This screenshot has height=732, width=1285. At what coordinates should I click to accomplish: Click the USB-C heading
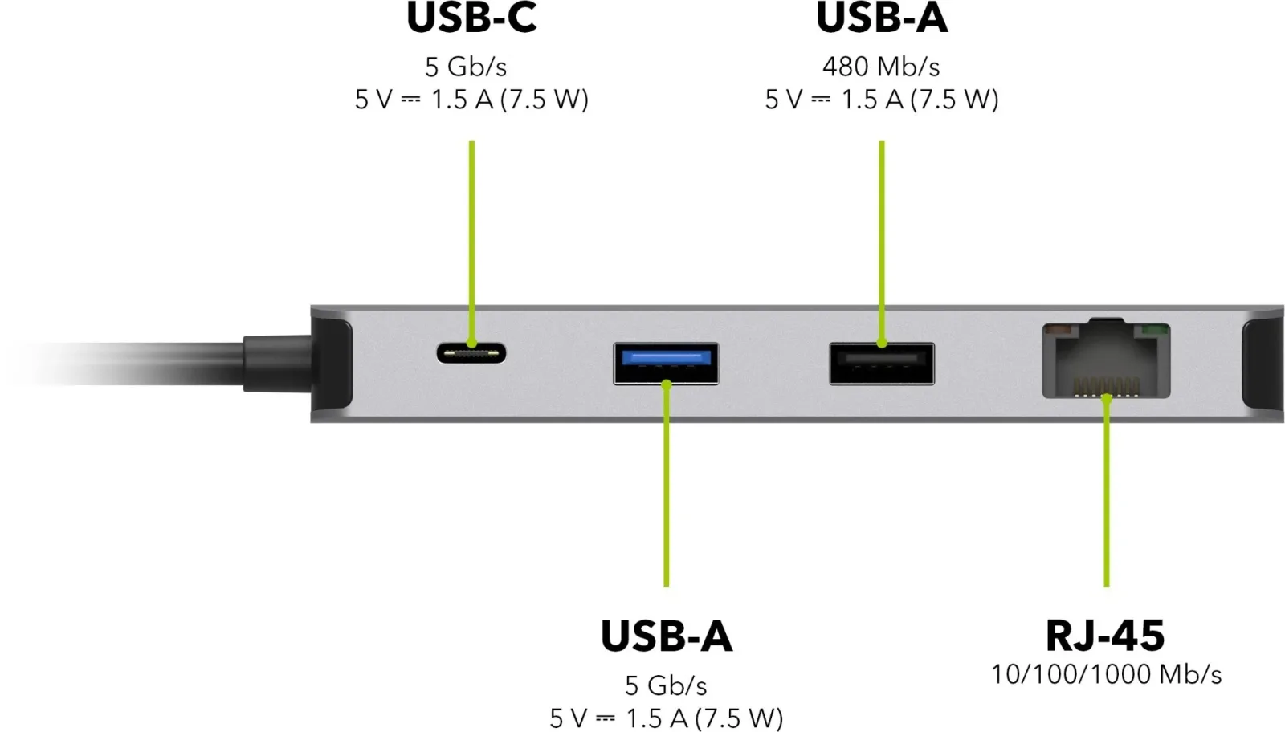[471, 18]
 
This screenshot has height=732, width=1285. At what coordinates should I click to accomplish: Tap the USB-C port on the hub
[471, 352]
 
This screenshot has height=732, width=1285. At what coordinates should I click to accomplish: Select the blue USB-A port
[666, 364]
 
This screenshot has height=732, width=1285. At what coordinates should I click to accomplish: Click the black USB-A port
[882, 364]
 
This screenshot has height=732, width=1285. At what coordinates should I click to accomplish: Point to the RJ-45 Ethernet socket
[1106, 359]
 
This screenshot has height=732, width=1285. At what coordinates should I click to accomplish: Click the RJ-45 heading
[1105, 635]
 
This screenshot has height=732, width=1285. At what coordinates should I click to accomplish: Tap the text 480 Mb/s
[881, 67]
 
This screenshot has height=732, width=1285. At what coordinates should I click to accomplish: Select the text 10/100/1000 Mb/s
[1106, 675]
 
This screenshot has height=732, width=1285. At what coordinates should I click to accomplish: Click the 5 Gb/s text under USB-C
[466, 67]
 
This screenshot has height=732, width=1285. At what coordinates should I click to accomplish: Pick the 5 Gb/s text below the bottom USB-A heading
[666, 685]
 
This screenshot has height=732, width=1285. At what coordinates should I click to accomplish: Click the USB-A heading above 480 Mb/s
[882, 18]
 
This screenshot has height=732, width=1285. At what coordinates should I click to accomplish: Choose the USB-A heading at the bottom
[666, 636]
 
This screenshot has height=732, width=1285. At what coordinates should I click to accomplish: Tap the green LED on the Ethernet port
[1156, 330]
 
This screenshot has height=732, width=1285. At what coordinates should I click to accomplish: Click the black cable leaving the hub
[132, 364]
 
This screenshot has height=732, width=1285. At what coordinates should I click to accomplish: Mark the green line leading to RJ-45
[1107, 492]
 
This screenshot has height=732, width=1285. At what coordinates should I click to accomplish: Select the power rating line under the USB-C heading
[471, 100]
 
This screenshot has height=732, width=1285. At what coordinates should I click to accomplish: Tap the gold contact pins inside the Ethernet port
[1106, 387]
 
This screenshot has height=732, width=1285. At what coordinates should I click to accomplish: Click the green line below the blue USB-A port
[666, 483]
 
